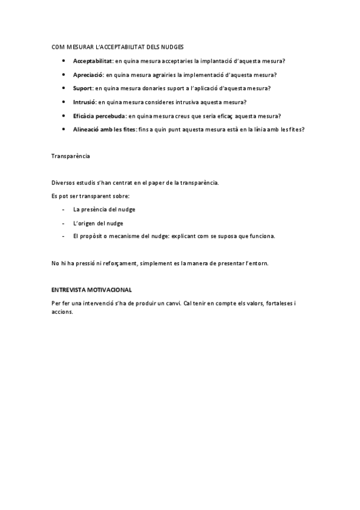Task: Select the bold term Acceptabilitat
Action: [93, 61]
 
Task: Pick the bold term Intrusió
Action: [84, 102]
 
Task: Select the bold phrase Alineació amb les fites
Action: [103, 129]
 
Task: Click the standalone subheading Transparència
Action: [71, 156]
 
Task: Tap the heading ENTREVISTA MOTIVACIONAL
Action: [92, 290]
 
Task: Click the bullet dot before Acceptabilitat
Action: [64, 61]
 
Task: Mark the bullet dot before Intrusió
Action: [64, 102]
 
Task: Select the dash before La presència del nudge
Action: [64, 209]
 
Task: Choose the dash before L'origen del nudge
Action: [64, 223]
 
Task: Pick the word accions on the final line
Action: [63, 312]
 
